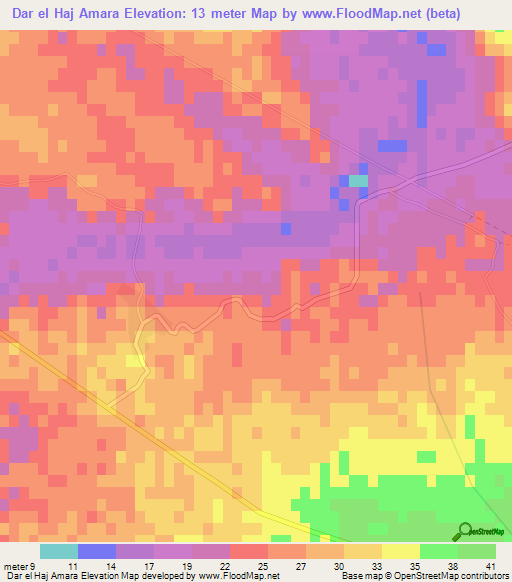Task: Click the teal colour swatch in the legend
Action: [x=58, y=551]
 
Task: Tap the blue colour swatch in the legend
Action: [x=96, y=551]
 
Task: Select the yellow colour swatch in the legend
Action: [x=400, y=551]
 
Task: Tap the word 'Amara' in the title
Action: [x=105, y=15]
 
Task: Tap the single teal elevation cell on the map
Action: [x=357, y=181]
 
